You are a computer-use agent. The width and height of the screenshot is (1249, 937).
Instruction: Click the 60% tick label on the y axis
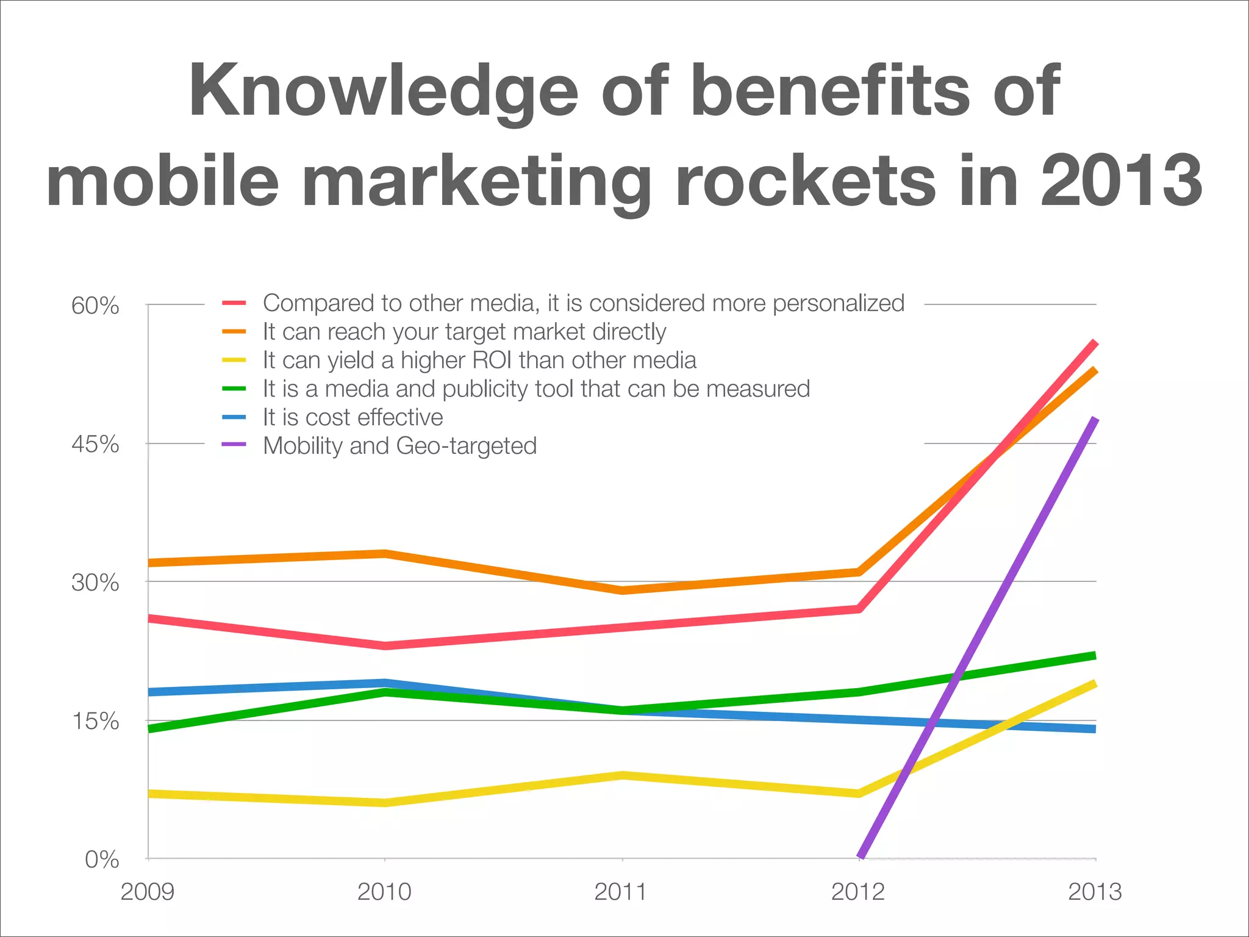pos(95,306)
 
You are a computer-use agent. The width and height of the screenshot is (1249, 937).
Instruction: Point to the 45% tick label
pos(95,444)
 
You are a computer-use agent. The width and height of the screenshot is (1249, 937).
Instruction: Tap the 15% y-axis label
pos(95,721)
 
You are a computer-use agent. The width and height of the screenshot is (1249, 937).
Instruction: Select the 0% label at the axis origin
pos(101,860)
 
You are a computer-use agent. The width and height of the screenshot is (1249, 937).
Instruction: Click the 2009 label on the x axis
pos(147,892)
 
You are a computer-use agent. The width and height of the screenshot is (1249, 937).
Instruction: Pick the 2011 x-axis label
pos(621,892)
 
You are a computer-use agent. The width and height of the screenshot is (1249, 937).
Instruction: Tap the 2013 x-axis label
pos(1095,892)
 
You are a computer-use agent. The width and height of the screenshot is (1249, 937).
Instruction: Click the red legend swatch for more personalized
pos(234,303)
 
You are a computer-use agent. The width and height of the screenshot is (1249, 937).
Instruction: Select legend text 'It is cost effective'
pos(353,417)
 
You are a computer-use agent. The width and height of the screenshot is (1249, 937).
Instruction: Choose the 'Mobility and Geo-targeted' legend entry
pos(399,446)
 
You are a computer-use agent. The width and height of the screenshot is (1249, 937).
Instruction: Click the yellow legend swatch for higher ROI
pos(234,361)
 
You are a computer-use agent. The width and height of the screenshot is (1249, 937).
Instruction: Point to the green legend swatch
pos(234,389)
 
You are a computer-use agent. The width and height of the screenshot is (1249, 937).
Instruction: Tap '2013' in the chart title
pos(1121,181)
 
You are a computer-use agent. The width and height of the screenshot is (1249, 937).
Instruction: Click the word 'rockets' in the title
pos(805,181)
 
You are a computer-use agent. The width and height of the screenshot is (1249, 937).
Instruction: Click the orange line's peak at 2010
pos(385,554)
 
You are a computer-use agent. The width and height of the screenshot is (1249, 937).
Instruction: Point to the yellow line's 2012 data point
pos(859,793)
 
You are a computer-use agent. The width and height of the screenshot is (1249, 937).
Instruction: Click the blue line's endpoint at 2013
pos(1094,729)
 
